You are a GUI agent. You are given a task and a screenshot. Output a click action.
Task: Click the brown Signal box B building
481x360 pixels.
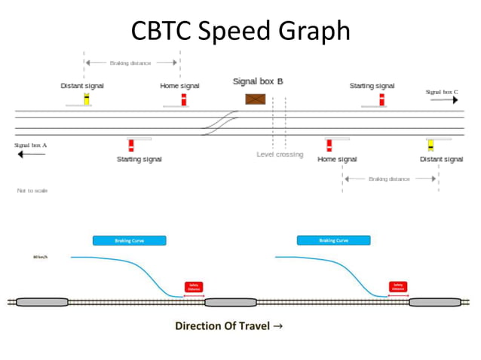tap(256, 99)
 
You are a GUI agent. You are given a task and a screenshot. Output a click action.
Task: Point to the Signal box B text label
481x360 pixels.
tap(258, 81)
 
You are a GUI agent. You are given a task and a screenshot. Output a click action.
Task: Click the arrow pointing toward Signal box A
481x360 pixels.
tap(31, 154)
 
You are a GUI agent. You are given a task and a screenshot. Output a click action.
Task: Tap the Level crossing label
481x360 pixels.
tap(280, 154)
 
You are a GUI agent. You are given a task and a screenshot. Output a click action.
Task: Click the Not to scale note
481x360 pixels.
tap(32, 191)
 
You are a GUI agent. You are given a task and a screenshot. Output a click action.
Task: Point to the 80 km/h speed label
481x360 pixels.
tap(41, 258)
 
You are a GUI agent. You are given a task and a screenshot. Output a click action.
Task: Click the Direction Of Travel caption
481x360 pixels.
tap(229, 326)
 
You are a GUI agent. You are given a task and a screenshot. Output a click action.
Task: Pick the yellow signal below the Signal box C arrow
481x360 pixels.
tap(430, 145)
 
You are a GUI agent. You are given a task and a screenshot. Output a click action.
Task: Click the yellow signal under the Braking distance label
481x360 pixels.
tap(87, 99)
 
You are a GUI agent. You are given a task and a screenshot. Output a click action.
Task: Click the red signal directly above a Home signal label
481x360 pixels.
tap(329, 145)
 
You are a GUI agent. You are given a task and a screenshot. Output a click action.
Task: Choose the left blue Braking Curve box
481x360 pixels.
tap(128, 241)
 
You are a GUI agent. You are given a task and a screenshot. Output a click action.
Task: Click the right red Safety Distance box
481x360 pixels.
tap(397, 287)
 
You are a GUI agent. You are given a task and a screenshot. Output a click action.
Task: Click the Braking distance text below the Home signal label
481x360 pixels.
tap(389, 179)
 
